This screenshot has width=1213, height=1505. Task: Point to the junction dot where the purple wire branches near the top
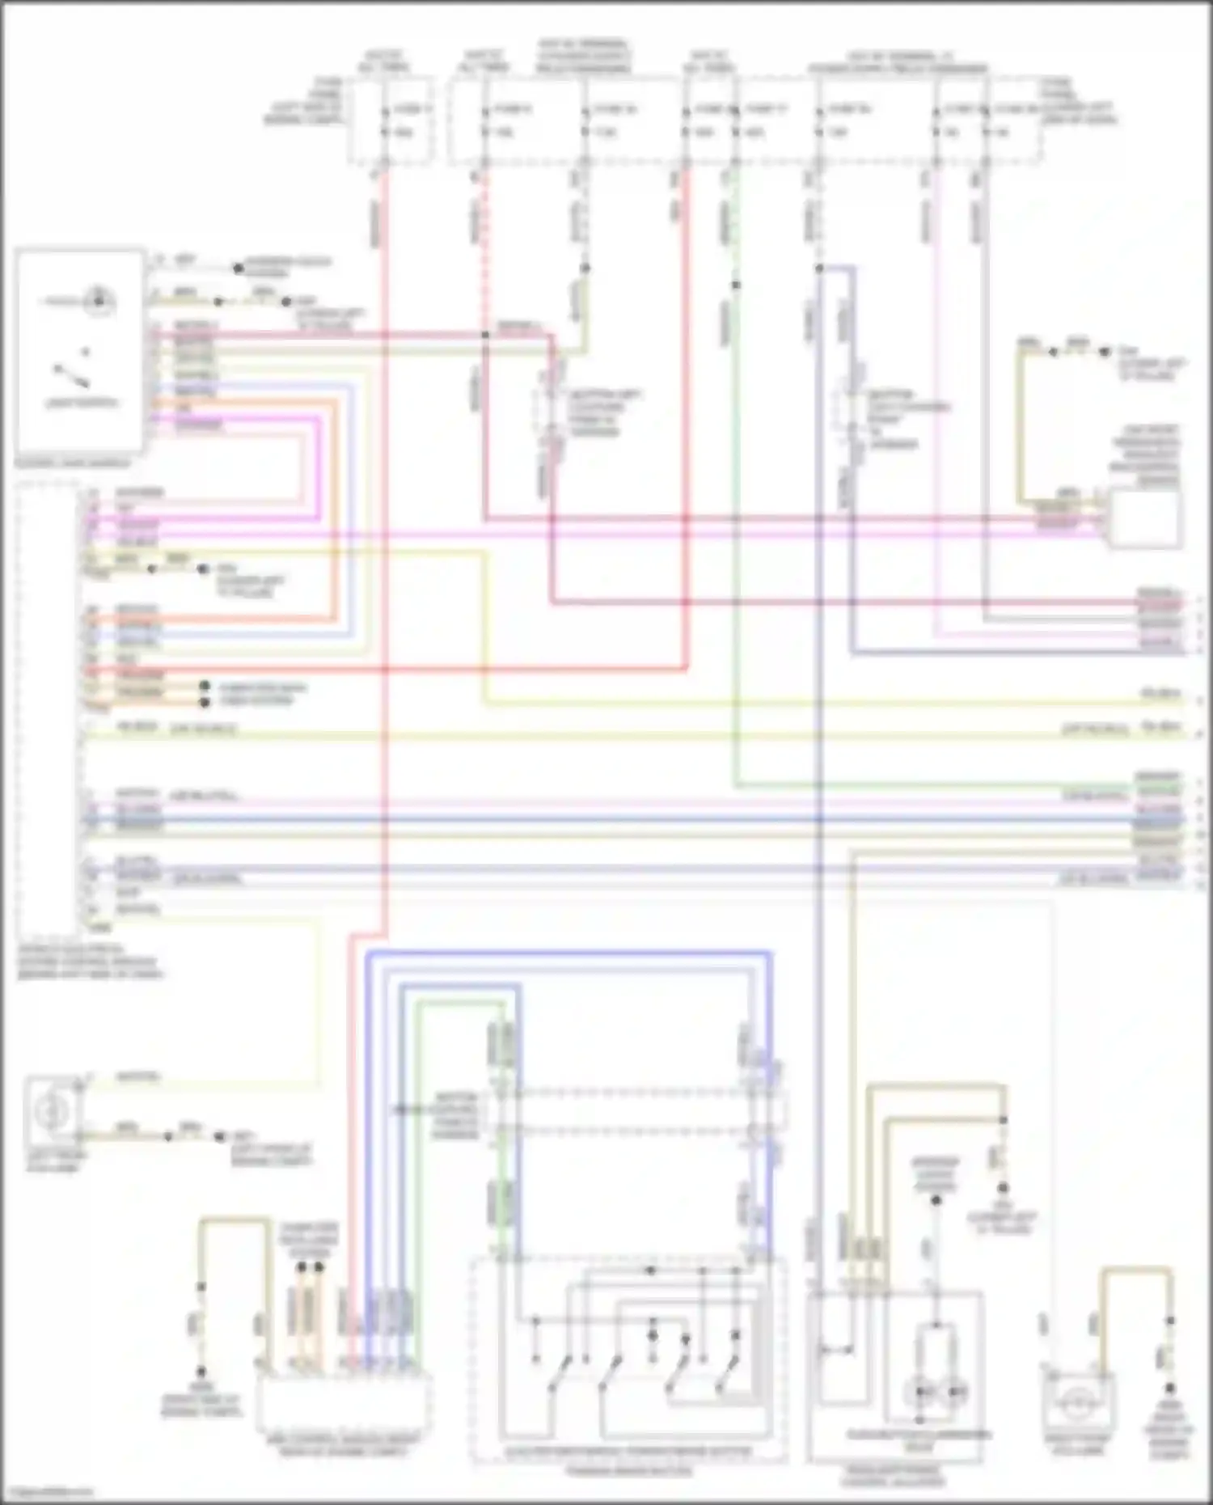[x=819, y=268]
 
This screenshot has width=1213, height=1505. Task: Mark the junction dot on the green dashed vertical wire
[x=736, y=285]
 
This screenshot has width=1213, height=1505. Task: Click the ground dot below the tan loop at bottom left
[x=201, y=1372]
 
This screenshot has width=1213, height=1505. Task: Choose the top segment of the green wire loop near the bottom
[x=461, y=1002]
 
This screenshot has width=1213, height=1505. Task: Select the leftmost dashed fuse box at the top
[x=391, y=121]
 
